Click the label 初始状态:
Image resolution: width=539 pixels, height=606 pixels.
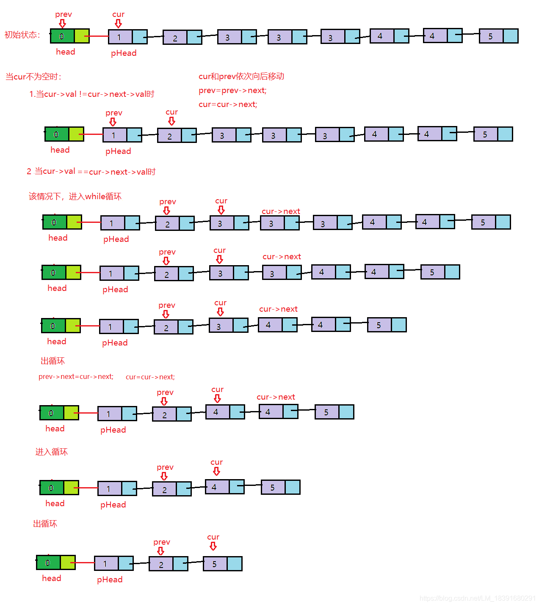pyautogui.click(x=22, y=35)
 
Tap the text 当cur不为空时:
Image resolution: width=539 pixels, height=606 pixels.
pyautogui.click(x=33, y=77)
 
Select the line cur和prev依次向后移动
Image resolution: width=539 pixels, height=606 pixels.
pyautogui.click(x=241, y=77)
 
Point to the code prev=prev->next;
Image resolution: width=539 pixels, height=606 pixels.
pyautogui.click(x=232, y=90)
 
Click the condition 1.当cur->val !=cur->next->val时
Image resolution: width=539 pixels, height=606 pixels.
pyautogui.click(x=91, y=94)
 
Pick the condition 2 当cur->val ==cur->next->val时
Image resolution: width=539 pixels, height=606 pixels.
pyautogui.click(x=91, y=172)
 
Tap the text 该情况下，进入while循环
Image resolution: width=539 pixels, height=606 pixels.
pyautogui.click(x=75, y=196)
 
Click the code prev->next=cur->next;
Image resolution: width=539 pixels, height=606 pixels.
pyautogui.click(x=76, y=376)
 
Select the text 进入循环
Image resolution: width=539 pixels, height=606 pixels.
pyautogui.click(x=51, y=452)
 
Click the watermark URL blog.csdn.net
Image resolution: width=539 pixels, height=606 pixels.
pyautogui.click(x=478, y=598)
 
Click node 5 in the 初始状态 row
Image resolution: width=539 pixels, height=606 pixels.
pyautogui.click(x=498, y=36)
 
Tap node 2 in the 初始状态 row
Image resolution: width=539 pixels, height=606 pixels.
pyautogui.click(x=182, y=38)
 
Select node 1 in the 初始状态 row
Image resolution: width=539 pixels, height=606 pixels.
pyautogui.click(x=127, y=37)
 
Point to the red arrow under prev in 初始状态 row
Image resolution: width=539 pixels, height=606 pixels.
pyautogui.click(x=63, y=23)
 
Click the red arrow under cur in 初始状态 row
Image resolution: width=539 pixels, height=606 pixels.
pyautogui.click(x=118, y=23)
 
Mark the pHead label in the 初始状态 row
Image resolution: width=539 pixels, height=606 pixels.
pyautogui.click(x=124, y=53)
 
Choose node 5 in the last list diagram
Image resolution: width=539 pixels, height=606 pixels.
pyautogui.click(x=222, y=564)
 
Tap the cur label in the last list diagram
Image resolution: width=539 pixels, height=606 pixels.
pyautogui.click(x=213, y=537)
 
